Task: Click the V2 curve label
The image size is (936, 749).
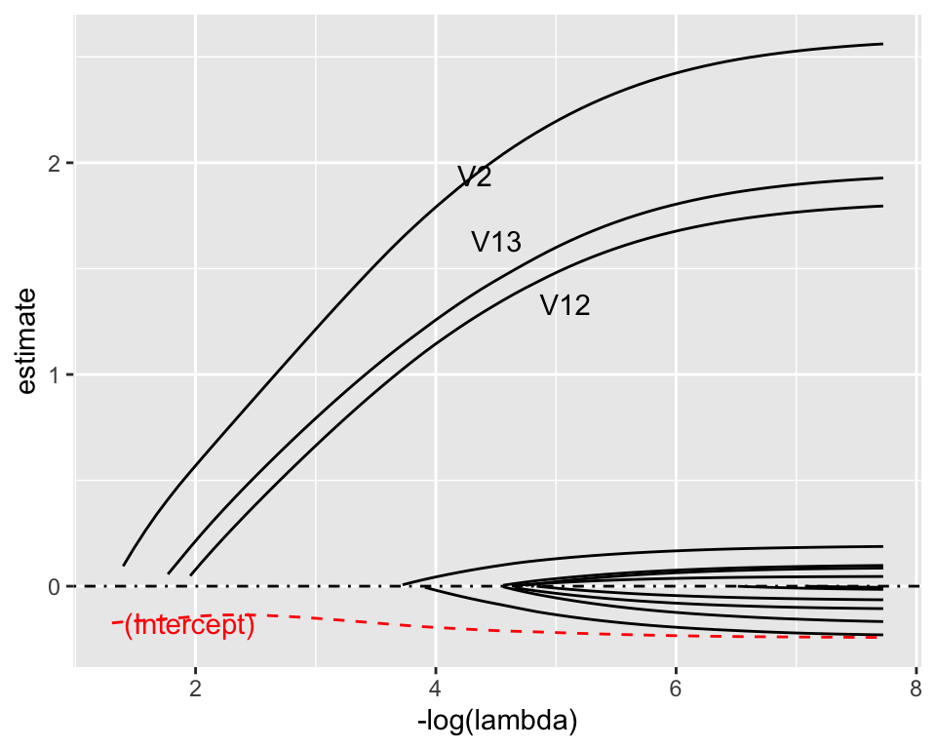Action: tap(475, 177)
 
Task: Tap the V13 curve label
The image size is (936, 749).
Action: tap(496, 242)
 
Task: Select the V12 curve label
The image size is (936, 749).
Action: tap(565, 305)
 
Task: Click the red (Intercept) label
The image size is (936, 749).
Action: tap(189, 625)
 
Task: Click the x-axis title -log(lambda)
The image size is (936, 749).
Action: tap(496, 723)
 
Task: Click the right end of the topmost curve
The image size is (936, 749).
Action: tap(882, 44)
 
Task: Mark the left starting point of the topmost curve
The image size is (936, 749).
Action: tap(124, 565)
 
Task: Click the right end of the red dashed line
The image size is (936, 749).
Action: tap(880, 638)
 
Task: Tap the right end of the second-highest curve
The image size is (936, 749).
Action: tap(882, 177)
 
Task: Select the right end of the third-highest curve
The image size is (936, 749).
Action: tap(882, 206)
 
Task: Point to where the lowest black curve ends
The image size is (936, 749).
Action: tap(882, 635)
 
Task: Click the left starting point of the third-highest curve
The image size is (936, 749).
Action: tap(191, 573)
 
